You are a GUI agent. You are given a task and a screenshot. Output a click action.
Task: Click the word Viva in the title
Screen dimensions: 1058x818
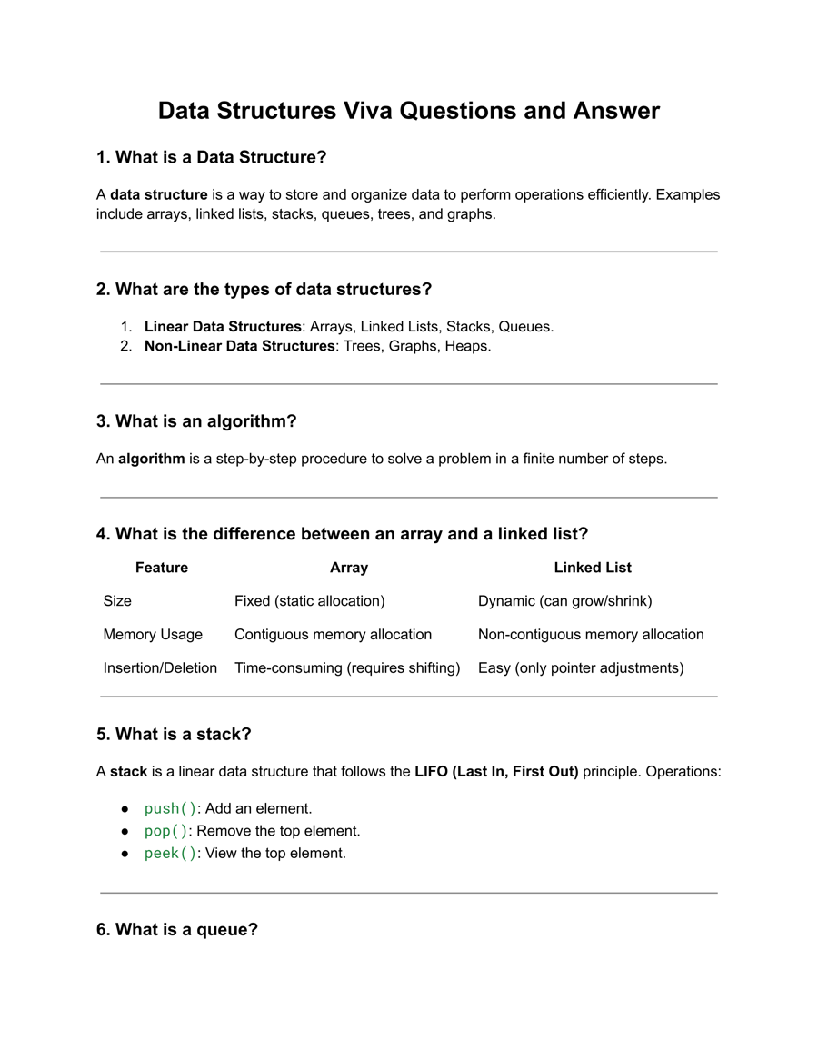click(368, 111)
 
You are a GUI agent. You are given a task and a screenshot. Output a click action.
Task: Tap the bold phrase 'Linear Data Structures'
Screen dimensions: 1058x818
click(223, 326)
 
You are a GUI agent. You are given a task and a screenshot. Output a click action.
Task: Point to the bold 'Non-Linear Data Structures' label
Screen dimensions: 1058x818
click(239, 346)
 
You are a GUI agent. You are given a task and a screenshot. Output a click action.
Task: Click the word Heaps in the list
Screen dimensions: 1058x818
click(467, 346)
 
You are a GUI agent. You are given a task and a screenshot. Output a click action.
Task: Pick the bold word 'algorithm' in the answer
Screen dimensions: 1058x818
click(151, 459)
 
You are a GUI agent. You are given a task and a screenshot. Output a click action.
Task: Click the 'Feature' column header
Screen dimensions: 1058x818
click(162, 568)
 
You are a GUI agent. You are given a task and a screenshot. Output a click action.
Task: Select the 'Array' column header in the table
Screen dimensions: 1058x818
click(349, 568)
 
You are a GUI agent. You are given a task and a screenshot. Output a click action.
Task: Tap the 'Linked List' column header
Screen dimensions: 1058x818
click(593, 568)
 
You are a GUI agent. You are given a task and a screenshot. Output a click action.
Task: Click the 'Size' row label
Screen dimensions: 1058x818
click(117, 601)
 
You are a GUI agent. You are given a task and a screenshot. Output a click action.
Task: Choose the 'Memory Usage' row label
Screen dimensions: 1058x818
click(153, 635)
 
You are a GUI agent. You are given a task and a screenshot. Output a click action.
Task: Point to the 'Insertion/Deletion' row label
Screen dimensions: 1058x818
click(160, 668)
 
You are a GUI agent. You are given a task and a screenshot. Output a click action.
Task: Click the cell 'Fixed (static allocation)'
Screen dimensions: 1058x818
click(310, 601)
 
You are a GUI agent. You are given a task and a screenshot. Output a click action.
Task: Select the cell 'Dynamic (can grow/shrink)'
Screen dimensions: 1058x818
click(565, 601)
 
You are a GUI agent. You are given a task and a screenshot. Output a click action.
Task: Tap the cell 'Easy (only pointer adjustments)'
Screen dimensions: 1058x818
click(581, 668)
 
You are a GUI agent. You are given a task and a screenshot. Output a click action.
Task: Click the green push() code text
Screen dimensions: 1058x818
click(170, 808)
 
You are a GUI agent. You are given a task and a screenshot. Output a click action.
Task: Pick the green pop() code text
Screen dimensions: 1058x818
click(165, 831)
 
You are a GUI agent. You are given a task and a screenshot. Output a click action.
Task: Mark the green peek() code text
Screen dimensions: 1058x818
click(170, 854)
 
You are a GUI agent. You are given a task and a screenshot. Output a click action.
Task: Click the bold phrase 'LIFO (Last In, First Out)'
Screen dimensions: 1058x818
click(496, 772)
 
